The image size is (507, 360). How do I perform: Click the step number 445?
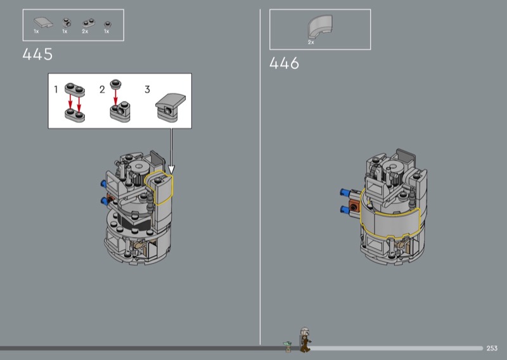37,54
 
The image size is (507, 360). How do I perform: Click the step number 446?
284,63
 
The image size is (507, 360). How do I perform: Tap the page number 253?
492,348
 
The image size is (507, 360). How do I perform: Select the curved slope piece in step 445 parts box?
43,22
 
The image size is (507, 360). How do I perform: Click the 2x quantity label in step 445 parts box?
85,32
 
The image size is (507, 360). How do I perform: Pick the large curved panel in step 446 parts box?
319,26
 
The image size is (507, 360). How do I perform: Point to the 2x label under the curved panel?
311,42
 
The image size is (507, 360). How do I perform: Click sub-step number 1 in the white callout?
56,89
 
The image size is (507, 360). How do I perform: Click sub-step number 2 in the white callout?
102,89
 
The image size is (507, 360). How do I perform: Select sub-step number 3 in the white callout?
147,89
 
